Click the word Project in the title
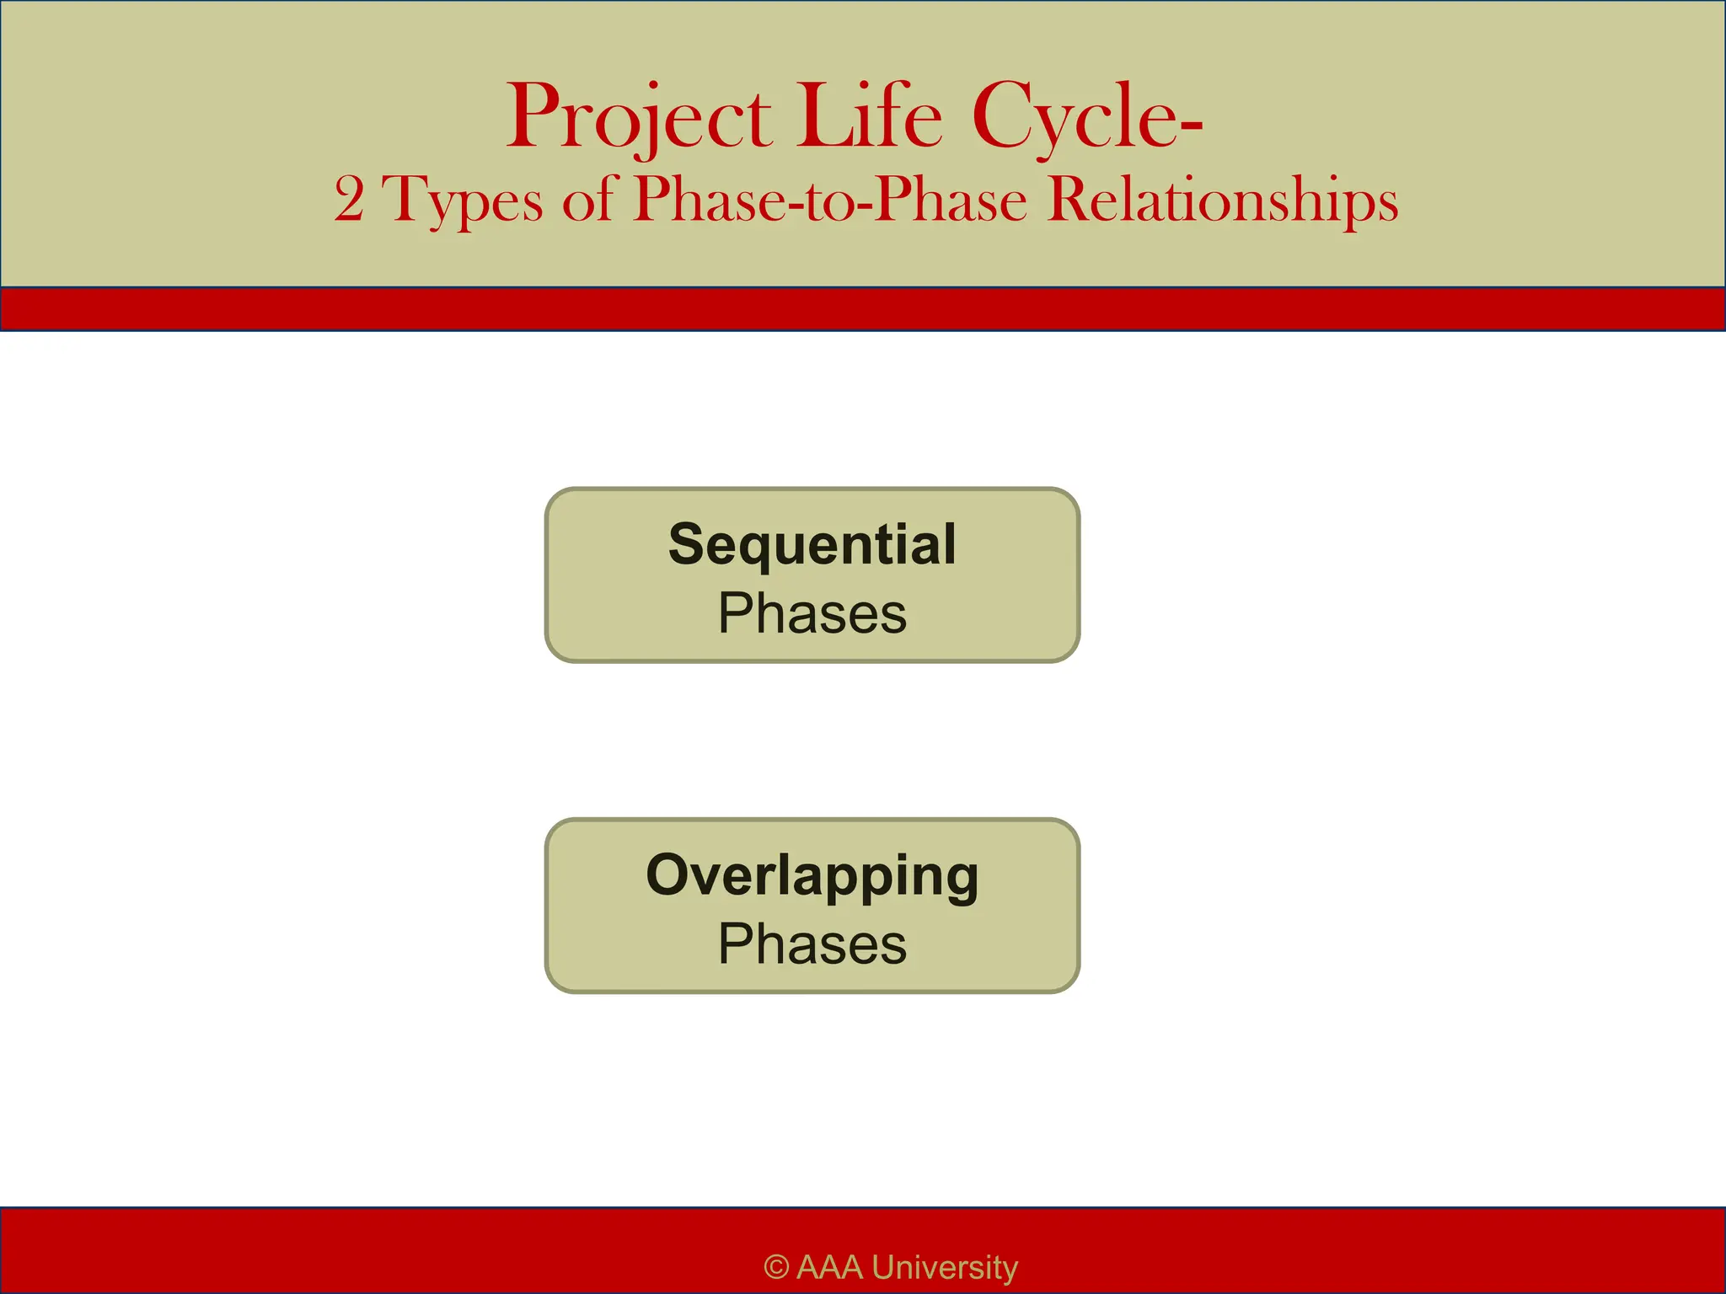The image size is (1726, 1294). point(638,118)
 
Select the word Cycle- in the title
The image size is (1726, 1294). point(1086,118)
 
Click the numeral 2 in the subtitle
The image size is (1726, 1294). point(349,201)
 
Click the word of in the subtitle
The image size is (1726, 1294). point(590,201)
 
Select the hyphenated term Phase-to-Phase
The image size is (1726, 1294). point(830,201)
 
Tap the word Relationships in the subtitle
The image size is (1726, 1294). point(1223,201)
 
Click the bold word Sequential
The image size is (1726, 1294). point(812,544)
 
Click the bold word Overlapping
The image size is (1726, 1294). point(812,876)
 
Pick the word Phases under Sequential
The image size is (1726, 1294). point(812,613)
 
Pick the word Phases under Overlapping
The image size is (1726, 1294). point(812,944)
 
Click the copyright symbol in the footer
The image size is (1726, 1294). point(776,1267)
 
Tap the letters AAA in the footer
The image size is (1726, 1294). point(829,1267)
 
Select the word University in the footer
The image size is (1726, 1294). point(945,1267)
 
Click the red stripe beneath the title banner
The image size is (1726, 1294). point(863,309)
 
